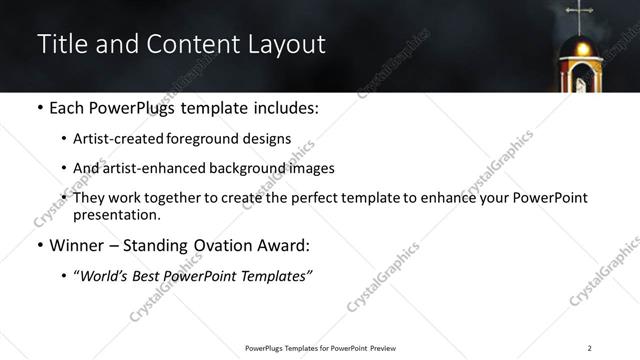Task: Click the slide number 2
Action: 589,348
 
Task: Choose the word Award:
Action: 281,246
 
